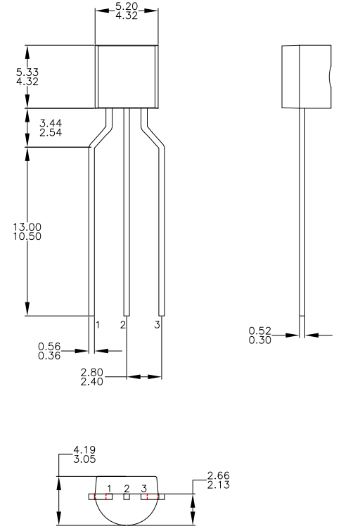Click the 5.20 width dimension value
point(127,5)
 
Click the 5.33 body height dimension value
point(27,72)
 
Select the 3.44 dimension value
point(51,123)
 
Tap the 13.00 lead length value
point(27,226)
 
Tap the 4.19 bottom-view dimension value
point(84,450)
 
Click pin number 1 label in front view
point(98,325)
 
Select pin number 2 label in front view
point(123,325)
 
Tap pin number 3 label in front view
point(157,325)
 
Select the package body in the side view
point(305,76)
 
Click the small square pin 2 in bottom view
point(127,497)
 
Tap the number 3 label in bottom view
point(143,488)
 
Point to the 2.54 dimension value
point(51,132)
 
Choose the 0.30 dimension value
point(261,340)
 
